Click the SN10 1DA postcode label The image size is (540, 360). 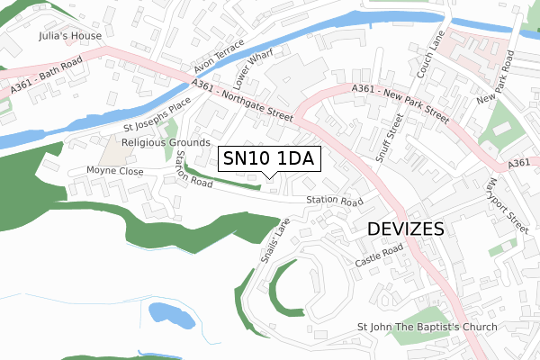pyautogui.click(x=267, y=159)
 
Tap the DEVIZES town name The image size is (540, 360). pyautogui.click(x=406, y=229)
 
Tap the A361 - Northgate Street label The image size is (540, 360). pyautogui.click(x=242, y=100)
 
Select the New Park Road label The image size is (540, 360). pyautogui.click(x=499, y=76)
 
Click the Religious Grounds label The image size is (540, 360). pyautogui.click(x=165, y=142)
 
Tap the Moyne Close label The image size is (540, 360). pyautogui.click(x=114, y=170)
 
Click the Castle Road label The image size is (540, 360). pyautogui.click(x=380, y=254)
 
